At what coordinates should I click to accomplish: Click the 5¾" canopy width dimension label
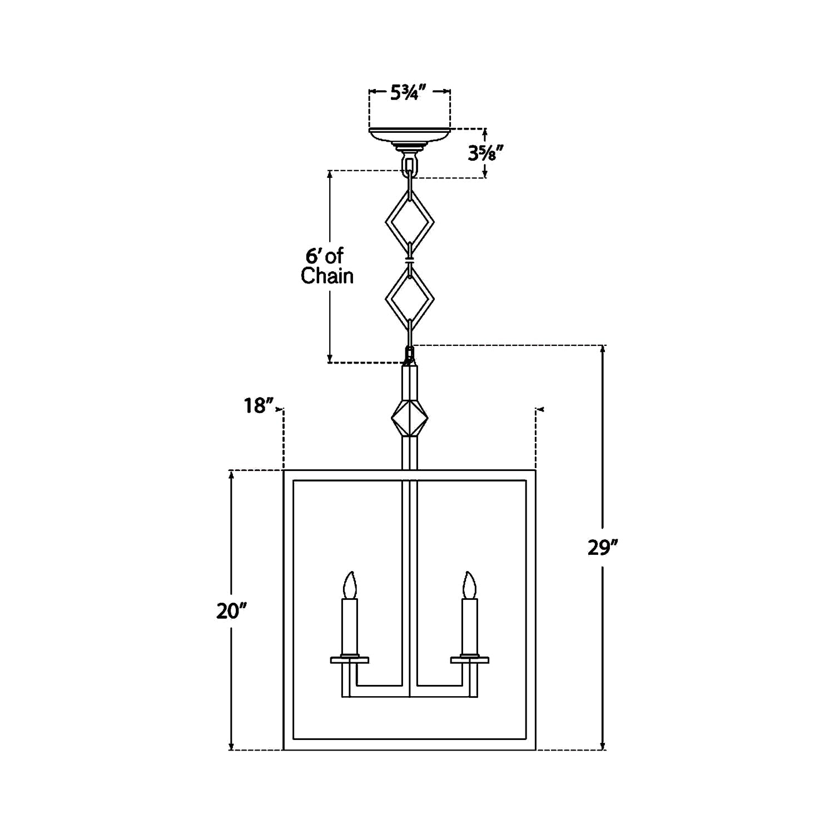[408, 93]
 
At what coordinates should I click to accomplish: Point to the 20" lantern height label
[231, 611]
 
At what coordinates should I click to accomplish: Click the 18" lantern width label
[259, 406]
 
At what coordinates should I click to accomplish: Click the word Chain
[327, 276]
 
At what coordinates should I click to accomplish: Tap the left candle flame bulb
[349, 585]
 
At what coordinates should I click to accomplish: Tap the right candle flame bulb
[470, 585]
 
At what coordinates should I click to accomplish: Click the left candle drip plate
[349, 660]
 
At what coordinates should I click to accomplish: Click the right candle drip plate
[470, 660]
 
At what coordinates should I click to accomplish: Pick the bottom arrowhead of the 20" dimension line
[231, 746]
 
